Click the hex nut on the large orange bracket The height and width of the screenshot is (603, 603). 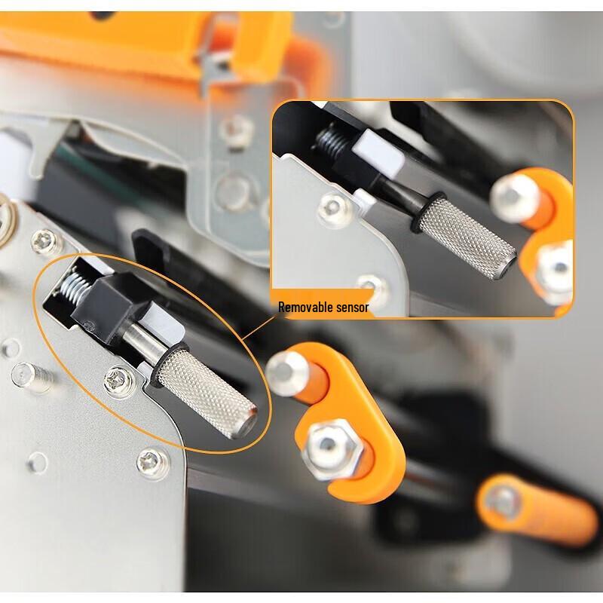click(332, 448)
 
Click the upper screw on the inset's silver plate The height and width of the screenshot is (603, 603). click(335, 210)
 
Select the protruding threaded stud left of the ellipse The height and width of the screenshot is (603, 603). click(32, 377)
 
